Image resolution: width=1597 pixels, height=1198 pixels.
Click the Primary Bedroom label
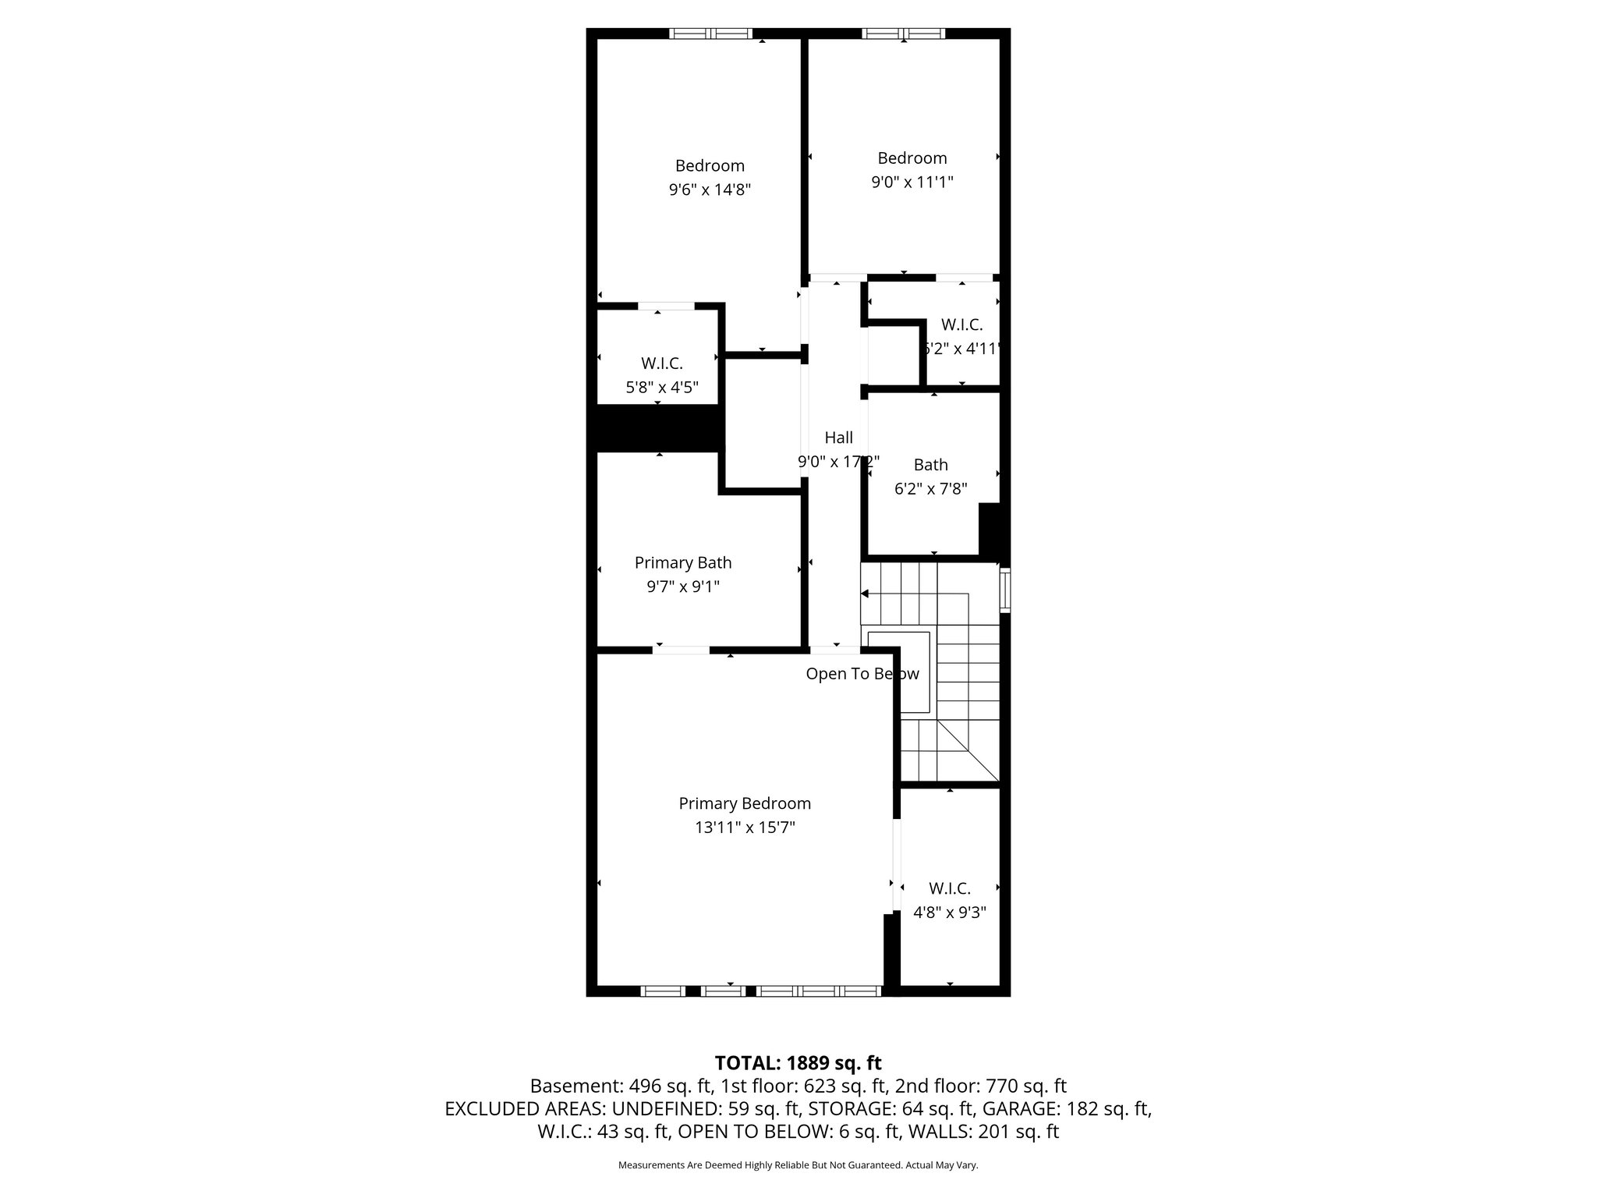[745, 803]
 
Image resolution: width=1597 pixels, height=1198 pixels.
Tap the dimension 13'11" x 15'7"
[745, 828]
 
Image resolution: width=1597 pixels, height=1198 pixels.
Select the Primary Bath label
[683, 562]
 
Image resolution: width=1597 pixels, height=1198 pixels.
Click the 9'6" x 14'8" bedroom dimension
[710, 190]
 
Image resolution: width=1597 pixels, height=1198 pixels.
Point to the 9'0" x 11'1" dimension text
[912, 183]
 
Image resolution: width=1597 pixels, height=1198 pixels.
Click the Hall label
[839, 438]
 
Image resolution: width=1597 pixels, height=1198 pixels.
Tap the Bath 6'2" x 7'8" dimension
[930, 489]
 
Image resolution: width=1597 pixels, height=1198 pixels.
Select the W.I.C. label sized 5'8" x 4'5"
[662, 363]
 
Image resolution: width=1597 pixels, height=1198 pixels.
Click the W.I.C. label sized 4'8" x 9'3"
[949, 888]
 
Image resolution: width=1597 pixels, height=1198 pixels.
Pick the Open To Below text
[862, 674]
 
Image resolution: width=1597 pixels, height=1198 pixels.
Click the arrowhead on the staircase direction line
[865, 594]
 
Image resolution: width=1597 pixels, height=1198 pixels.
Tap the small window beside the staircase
[1006, 590]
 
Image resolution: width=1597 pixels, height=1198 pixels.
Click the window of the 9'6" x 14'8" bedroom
[710, 34]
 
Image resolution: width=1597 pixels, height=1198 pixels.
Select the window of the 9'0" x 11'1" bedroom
[903, 34]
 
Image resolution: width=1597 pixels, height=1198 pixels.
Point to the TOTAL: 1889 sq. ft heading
[798, 1063]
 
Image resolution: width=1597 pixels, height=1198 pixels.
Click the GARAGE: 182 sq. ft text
[1066, 1108]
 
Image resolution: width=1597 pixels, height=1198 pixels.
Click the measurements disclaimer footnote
[798, 1165]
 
